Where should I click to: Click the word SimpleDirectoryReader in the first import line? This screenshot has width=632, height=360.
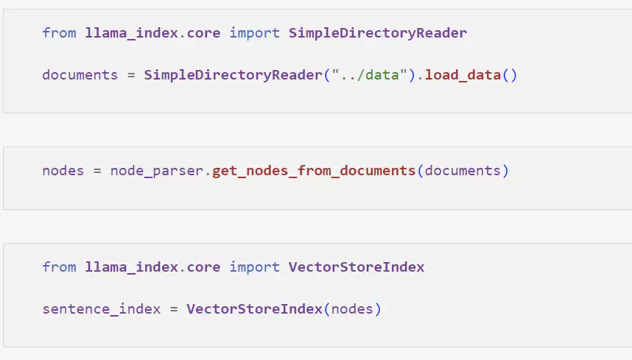378,33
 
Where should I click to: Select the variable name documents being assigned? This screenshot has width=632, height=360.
80,75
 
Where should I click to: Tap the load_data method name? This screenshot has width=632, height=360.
463,75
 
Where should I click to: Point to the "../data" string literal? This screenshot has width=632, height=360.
365,75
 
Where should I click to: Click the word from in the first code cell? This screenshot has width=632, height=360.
59,33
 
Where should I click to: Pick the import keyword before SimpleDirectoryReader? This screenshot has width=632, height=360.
254,33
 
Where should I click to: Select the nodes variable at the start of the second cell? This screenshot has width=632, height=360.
63,171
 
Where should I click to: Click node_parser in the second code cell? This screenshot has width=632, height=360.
157,171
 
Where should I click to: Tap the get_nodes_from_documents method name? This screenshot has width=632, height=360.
314,171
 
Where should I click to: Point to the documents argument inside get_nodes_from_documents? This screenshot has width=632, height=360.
463,171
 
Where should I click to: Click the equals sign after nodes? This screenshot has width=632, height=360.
97,171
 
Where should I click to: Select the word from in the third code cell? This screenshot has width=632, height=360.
59,267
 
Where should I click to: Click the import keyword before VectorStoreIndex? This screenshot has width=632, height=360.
254,267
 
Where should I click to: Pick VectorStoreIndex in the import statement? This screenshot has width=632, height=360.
357,267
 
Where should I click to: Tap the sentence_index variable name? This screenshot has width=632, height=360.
101,309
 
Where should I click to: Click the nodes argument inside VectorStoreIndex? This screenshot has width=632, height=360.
352,309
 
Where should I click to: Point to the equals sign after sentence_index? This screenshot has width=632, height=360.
174,309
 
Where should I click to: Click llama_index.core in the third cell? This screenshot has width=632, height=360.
152,267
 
